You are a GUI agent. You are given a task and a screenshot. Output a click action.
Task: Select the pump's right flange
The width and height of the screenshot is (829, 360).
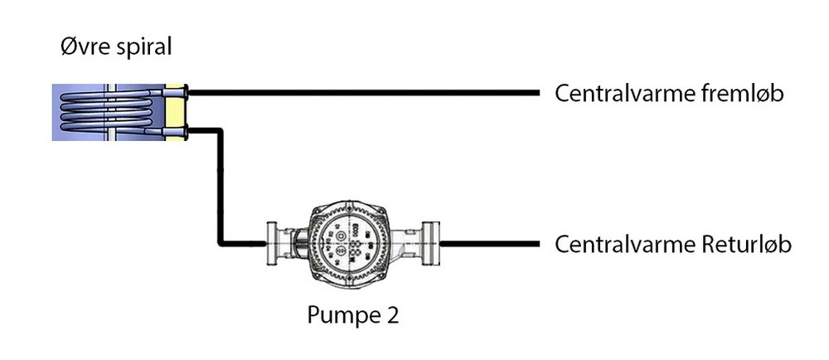(x=432, y=243)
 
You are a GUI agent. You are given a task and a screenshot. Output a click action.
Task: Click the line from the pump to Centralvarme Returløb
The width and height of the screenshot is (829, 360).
(x=489, y=244)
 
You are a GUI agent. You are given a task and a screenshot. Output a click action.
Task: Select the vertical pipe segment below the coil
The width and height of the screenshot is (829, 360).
(x=221, y=187)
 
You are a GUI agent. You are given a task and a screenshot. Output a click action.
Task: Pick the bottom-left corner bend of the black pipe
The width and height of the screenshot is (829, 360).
(x=221, y=243)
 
